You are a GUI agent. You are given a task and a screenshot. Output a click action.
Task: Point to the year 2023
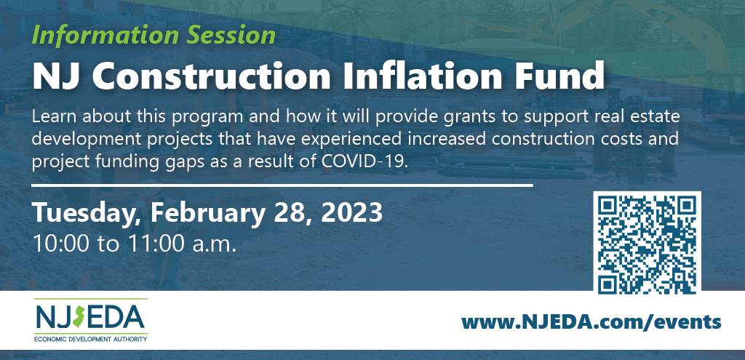[x=352, y=213]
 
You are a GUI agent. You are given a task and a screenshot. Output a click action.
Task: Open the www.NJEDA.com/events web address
[x=591, y=322]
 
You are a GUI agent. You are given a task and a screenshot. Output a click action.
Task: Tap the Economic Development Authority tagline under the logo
[x=90, y=339]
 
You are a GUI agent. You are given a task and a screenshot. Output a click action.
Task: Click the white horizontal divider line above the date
[x=282, y=185]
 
